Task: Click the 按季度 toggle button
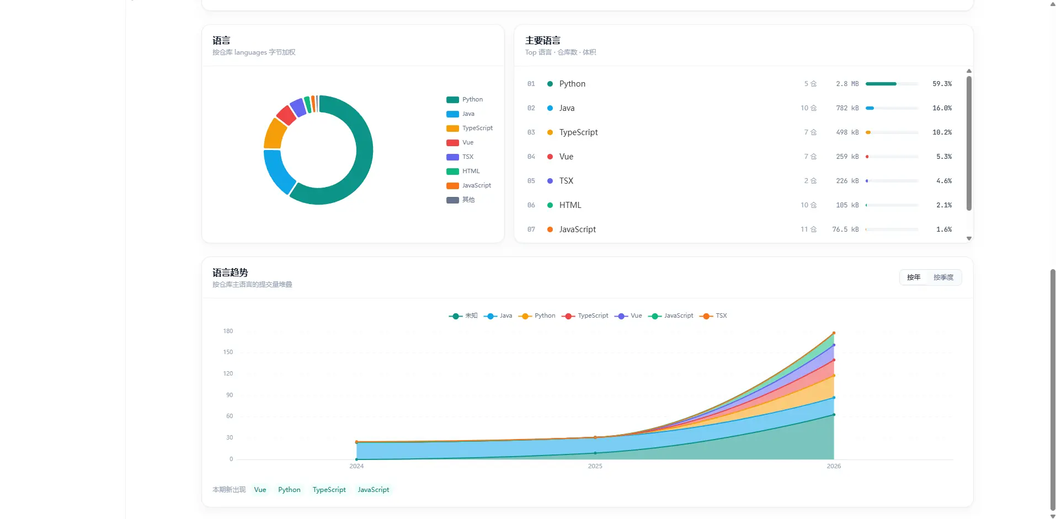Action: pos(943,277)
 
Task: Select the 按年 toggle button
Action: pos(914,277)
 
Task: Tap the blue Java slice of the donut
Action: pos(278,170)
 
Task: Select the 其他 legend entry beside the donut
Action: pos(461,200)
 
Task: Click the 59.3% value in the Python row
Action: pos(942,84)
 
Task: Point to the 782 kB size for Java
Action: pos(847,108)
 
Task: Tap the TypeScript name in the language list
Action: pos(578,132)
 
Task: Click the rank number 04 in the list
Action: pos(531,157)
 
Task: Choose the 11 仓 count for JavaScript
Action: pos(808,229)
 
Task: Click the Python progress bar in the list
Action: pos(892,84)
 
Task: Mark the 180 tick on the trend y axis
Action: pos(228,331)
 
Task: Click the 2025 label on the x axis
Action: pos(595,467)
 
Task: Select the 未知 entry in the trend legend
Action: pos(463,316)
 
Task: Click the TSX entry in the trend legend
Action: pos(713,316)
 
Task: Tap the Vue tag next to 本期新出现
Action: pos(260,490)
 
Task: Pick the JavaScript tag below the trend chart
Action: pos(374,490)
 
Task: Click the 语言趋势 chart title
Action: pos(230,272)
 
